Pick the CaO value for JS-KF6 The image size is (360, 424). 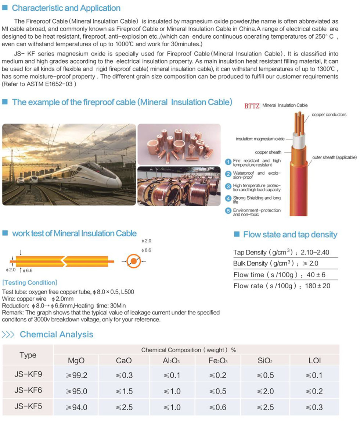[x=124, y=391]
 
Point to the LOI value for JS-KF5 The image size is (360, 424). [x=314, y=407]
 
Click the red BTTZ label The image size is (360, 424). [x=252, y=106]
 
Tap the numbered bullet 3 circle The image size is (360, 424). [x=228, y=187]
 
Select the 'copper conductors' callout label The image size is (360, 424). [x=329, y=115]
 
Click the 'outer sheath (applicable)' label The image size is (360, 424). [x=334, y=157]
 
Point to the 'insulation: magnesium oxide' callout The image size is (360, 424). [x=260, y=139]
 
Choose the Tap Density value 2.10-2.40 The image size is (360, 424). [x=314, y=252]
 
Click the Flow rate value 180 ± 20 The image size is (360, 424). [x=318, y=286]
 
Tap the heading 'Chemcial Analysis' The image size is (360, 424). [x=56, y=334]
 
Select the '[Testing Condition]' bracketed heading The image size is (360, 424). [x=29, y=282]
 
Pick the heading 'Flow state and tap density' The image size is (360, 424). [x=290, y=235]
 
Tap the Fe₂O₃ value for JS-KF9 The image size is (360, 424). [x=218, y=375]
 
